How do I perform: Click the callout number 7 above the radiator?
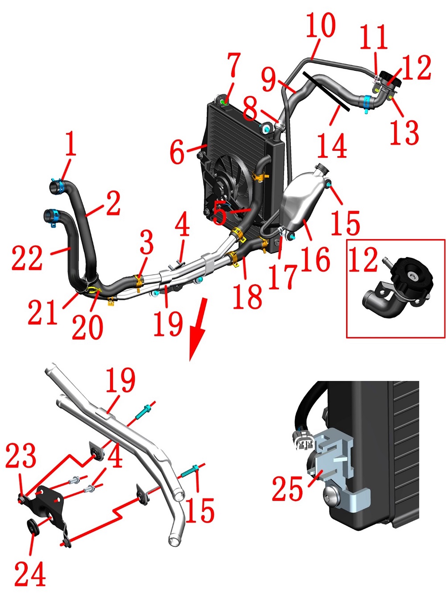[233, 65]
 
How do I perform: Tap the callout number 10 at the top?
[320, 26]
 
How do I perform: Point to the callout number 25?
[287, 489]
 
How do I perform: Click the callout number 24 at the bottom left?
[30, 574]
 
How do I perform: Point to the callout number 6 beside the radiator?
[177, 152]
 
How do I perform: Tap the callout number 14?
[332, 146]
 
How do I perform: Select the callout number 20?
[87, 326]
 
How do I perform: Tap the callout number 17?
[283, 277]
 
